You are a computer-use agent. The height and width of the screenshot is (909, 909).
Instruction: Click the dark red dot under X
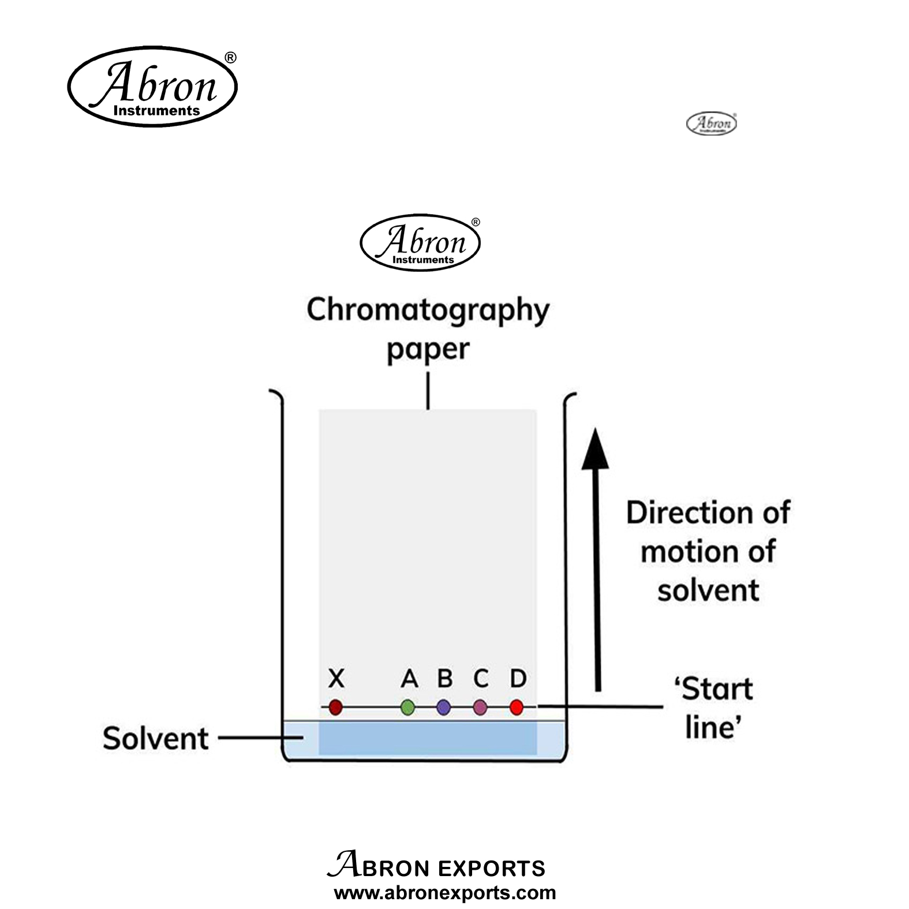point(335,707)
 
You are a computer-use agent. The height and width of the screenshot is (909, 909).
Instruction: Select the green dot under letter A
point(407,707)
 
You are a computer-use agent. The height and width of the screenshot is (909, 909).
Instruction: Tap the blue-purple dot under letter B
point(443,707)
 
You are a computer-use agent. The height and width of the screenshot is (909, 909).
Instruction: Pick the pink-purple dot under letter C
point(480,707)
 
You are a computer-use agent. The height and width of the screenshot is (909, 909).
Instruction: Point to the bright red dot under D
point(517,707)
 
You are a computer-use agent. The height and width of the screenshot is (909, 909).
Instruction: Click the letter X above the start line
point(336,679)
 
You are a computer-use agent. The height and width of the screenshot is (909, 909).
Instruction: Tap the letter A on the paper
point(409,679)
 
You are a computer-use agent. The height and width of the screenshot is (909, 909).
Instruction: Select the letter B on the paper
point(444,678)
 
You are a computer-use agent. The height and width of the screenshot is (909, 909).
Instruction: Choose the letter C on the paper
point(481,679)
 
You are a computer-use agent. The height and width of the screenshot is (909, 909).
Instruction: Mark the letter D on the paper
point(518,679)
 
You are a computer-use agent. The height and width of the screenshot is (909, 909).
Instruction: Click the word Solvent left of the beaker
point(155,739)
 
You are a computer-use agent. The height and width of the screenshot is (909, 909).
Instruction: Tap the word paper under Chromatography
point(428,350)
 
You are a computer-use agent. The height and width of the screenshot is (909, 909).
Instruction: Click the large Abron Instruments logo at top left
point(152,87)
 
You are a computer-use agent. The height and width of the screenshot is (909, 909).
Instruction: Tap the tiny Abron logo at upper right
point(711,124)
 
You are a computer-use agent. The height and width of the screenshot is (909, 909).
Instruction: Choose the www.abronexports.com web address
point(445,893)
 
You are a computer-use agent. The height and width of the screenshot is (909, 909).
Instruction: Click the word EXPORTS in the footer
point(491,869)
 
